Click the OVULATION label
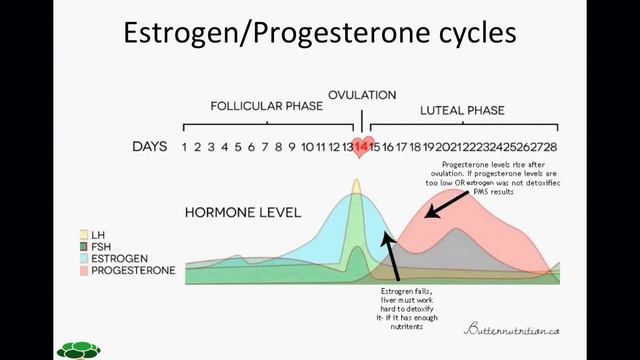tap(362, 95)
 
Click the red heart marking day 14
tap(362, 147)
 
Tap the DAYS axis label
tap(149, 147)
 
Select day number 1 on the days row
tap(185, 147)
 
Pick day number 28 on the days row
tap(549, 147)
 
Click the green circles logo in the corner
tap(77, 349)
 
